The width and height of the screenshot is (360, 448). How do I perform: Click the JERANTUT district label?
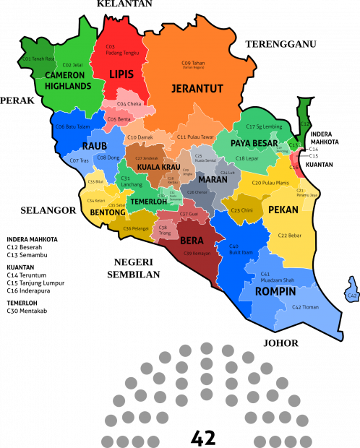(197, 89)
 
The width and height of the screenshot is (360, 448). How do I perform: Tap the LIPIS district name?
(121, 74)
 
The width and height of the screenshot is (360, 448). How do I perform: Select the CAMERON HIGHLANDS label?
(68, 80)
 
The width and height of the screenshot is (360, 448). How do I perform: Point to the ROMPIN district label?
(275, 292)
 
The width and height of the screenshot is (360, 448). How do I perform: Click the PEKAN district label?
(283, 210)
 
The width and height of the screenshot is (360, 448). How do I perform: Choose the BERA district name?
(192, 241)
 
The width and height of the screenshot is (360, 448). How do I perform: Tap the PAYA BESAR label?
(254, 143)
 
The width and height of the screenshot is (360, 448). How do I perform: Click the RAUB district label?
(94, 146)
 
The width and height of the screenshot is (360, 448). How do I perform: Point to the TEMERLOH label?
(148, 202)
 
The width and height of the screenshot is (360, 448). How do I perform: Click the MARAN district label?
(212, 179)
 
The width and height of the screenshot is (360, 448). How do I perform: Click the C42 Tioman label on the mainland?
(307, 307)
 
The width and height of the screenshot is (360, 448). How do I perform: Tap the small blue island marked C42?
(351, 289)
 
